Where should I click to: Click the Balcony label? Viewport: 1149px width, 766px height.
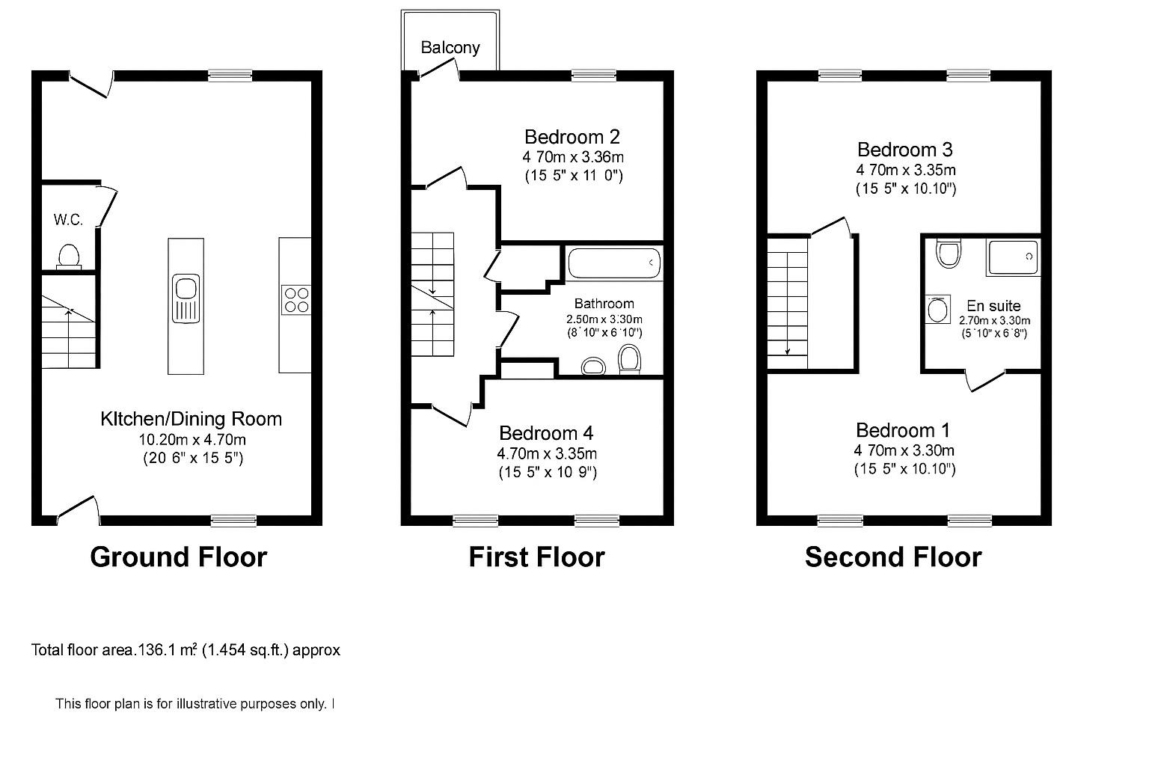(x=450, y=47)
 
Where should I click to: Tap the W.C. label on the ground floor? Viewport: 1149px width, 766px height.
(x=67, y=220)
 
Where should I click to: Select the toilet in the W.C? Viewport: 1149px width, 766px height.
(x=69, y=255)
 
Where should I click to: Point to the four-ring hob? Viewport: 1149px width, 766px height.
(x=295, y=299)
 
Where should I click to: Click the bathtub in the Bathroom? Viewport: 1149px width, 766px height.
(x=614, y=263)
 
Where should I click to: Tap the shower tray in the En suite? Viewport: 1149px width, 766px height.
(x=1013, y=257)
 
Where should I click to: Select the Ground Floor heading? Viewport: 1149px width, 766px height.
(x=178, y=557)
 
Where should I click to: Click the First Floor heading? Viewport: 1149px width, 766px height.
(x=536, y=557)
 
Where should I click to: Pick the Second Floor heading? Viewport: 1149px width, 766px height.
(x=892, y=557)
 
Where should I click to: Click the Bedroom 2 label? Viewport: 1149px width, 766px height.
(x=572, y=137)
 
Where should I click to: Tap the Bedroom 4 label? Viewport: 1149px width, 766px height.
(x=546, y=433)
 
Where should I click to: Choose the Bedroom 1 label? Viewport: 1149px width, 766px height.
(x=903, y=430)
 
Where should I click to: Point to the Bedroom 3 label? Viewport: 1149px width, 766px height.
(x=905, y=150)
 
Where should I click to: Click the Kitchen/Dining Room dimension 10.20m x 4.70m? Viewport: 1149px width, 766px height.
(x=192, y=439)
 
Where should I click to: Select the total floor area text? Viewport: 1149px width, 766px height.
(x=186, y=650)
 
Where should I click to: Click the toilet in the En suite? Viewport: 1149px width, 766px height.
(x=949, y=254)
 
